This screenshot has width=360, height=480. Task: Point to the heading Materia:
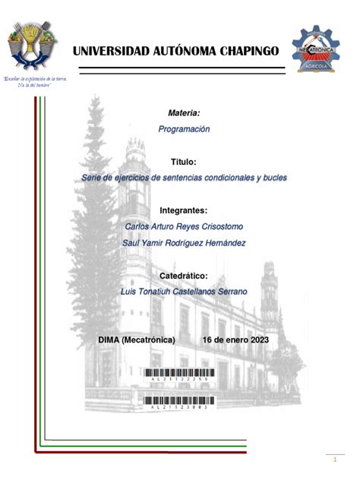coord(184,113)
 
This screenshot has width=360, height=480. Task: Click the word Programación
coord(184,129)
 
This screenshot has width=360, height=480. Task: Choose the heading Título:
coord(184,163)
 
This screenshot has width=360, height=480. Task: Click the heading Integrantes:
coord(184,210)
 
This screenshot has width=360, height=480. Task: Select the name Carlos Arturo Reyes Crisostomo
coord(185,226)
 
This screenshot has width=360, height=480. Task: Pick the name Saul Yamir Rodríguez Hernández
coord(185,243)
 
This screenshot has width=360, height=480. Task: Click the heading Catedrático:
coord(184,276)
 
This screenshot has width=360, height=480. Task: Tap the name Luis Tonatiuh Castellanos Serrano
coord(185,292)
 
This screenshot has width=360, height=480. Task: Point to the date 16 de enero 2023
coord(241,339)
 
